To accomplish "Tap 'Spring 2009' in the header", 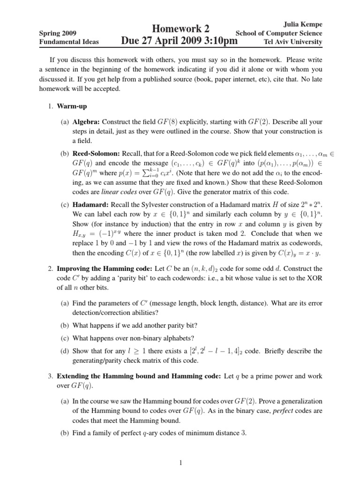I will [x=57, y=33].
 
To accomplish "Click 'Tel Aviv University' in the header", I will [x=293, y=42].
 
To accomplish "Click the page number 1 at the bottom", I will [x=180, y=464].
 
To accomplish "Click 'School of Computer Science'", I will [x=278, y=33].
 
